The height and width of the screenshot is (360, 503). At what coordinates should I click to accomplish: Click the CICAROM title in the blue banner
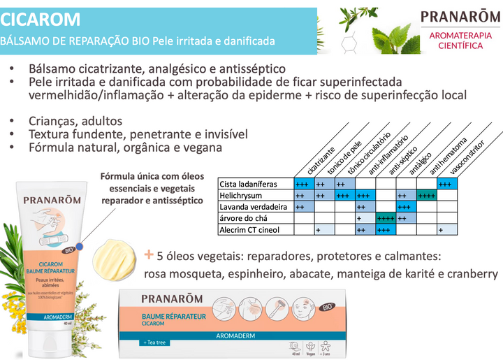(x=41, y=19)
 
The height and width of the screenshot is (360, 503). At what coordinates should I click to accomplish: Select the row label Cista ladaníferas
(x=249, y=184)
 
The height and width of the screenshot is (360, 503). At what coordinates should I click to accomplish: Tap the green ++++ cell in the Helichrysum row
(x=426, y=196)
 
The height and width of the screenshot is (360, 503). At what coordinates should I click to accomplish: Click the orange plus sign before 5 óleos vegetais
(x=149, y=254)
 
